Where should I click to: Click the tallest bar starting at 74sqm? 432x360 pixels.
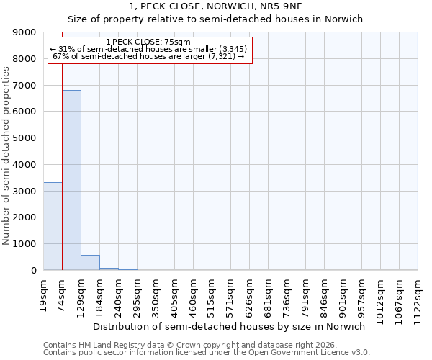tap(71, 180)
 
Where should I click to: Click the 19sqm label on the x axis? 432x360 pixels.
tap(44, 294)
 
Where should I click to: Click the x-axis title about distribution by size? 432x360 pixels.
tap(230, 326)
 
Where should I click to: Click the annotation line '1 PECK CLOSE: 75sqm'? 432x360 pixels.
tap(148, 42)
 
